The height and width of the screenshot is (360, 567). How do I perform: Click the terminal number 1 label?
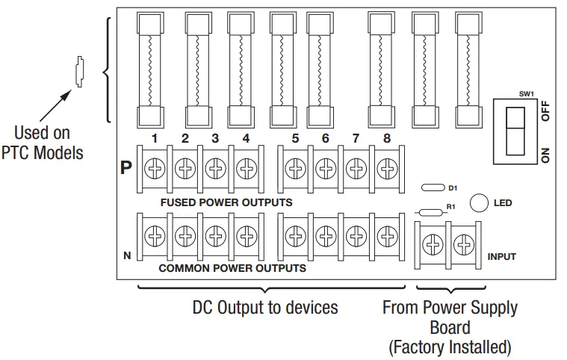(x=153, y=138)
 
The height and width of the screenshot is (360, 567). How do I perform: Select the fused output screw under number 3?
(x=214, y=170)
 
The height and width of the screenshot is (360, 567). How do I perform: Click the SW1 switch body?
(x=515, y=131)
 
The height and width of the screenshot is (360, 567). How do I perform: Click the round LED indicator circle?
(x=479, y=202)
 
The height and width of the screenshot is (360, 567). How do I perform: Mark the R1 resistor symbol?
(x=430, y=212)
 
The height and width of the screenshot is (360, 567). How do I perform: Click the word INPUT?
(x=501, y=257)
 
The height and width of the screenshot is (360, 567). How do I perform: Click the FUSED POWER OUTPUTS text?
(x=226, y=202)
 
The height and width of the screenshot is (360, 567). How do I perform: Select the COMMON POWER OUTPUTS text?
(x=232, y=267)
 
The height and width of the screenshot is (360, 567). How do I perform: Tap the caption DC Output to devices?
(x=265, y=307)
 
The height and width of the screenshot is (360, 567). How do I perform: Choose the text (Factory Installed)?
(x=449, y=347)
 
